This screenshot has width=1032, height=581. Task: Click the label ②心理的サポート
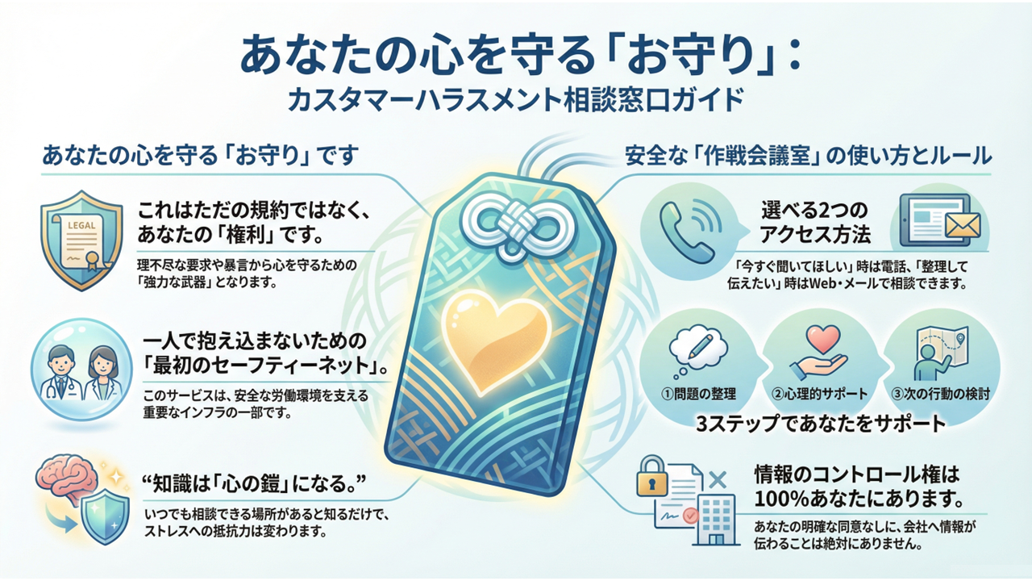(818, 395)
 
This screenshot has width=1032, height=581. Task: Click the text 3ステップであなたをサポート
(821, 422)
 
